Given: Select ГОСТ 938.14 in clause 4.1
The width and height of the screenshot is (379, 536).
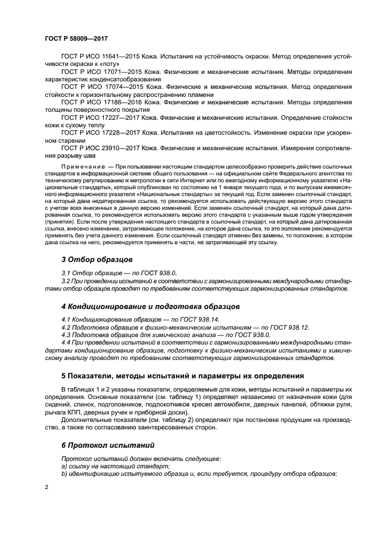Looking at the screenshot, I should [200, 319].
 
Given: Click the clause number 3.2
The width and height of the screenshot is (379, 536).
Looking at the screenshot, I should [65, 281].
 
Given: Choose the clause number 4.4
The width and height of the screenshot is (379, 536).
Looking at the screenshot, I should [65, 342].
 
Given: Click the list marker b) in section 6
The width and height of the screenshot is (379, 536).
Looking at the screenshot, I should [64, 474].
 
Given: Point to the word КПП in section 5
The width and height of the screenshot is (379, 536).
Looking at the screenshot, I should [74, 412].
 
